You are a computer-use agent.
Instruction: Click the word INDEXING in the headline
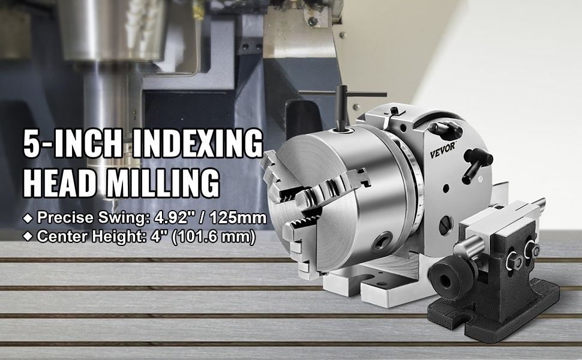point(197,143)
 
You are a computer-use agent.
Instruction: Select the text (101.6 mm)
point(214,236)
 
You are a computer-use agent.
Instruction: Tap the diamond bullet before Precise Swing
point(28,218)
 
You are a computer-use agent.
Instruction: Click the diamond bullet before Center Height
point(28,236)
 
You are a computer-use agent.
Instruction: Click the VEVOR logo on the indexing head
point(442,150)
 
